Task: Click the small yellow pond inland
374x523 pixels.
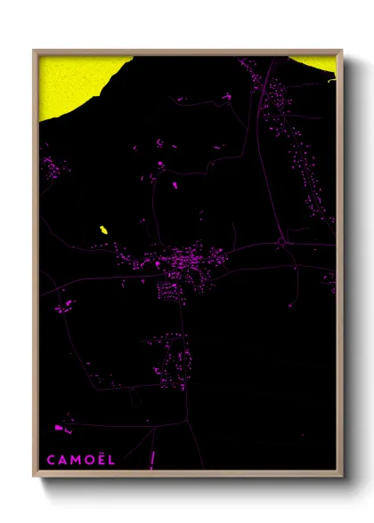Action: pyautogui.click(x=103, y=230)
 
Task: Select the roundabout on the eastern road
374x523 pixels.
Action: pyautogui.click(x=280, y=240)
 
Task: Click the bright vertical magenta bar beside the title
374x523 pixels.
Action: pyautogui.click(x=152, y=458)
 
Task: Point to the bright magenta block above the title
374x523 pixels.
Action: pyautogui.click(x=59, y=429)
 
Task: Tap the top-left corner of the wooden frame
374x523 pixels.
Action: pyautogui.click(x=35, y=51)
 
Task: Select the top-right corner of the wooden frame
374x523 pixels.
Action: pyautogui.click(x=341, y=51)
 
